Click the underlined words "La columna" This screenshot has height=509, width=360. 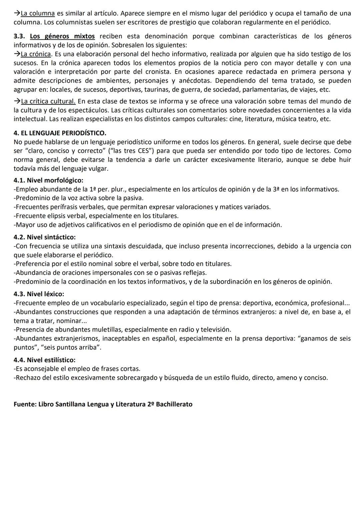(x=38, y=14)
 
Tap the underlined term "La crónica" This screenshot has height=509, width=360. (x=36, y=54)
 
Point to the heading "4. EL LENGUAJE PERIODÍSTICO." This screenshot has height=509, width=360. (x=60, y=133)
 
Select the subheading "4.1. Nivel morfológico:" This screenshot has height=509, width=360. (x=49, y=180)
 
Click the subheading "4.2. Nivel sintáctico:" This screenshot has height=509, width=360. (x=45, y=237)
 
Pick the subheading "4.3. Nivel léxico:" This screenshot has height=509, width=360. (x=39, y=294)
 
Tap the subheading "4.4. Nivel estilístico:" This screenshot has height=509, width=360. (x=45, y=360)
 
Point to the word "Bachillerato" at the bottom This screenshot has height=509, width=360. (x=174, y=405)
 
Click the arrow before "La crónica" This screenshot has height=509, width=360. (x=17, y=54)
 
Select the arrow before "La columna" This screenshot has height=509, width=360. (x=17, y=14)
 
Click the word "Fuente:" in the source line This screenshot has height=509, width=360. (x=25, y=405)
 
